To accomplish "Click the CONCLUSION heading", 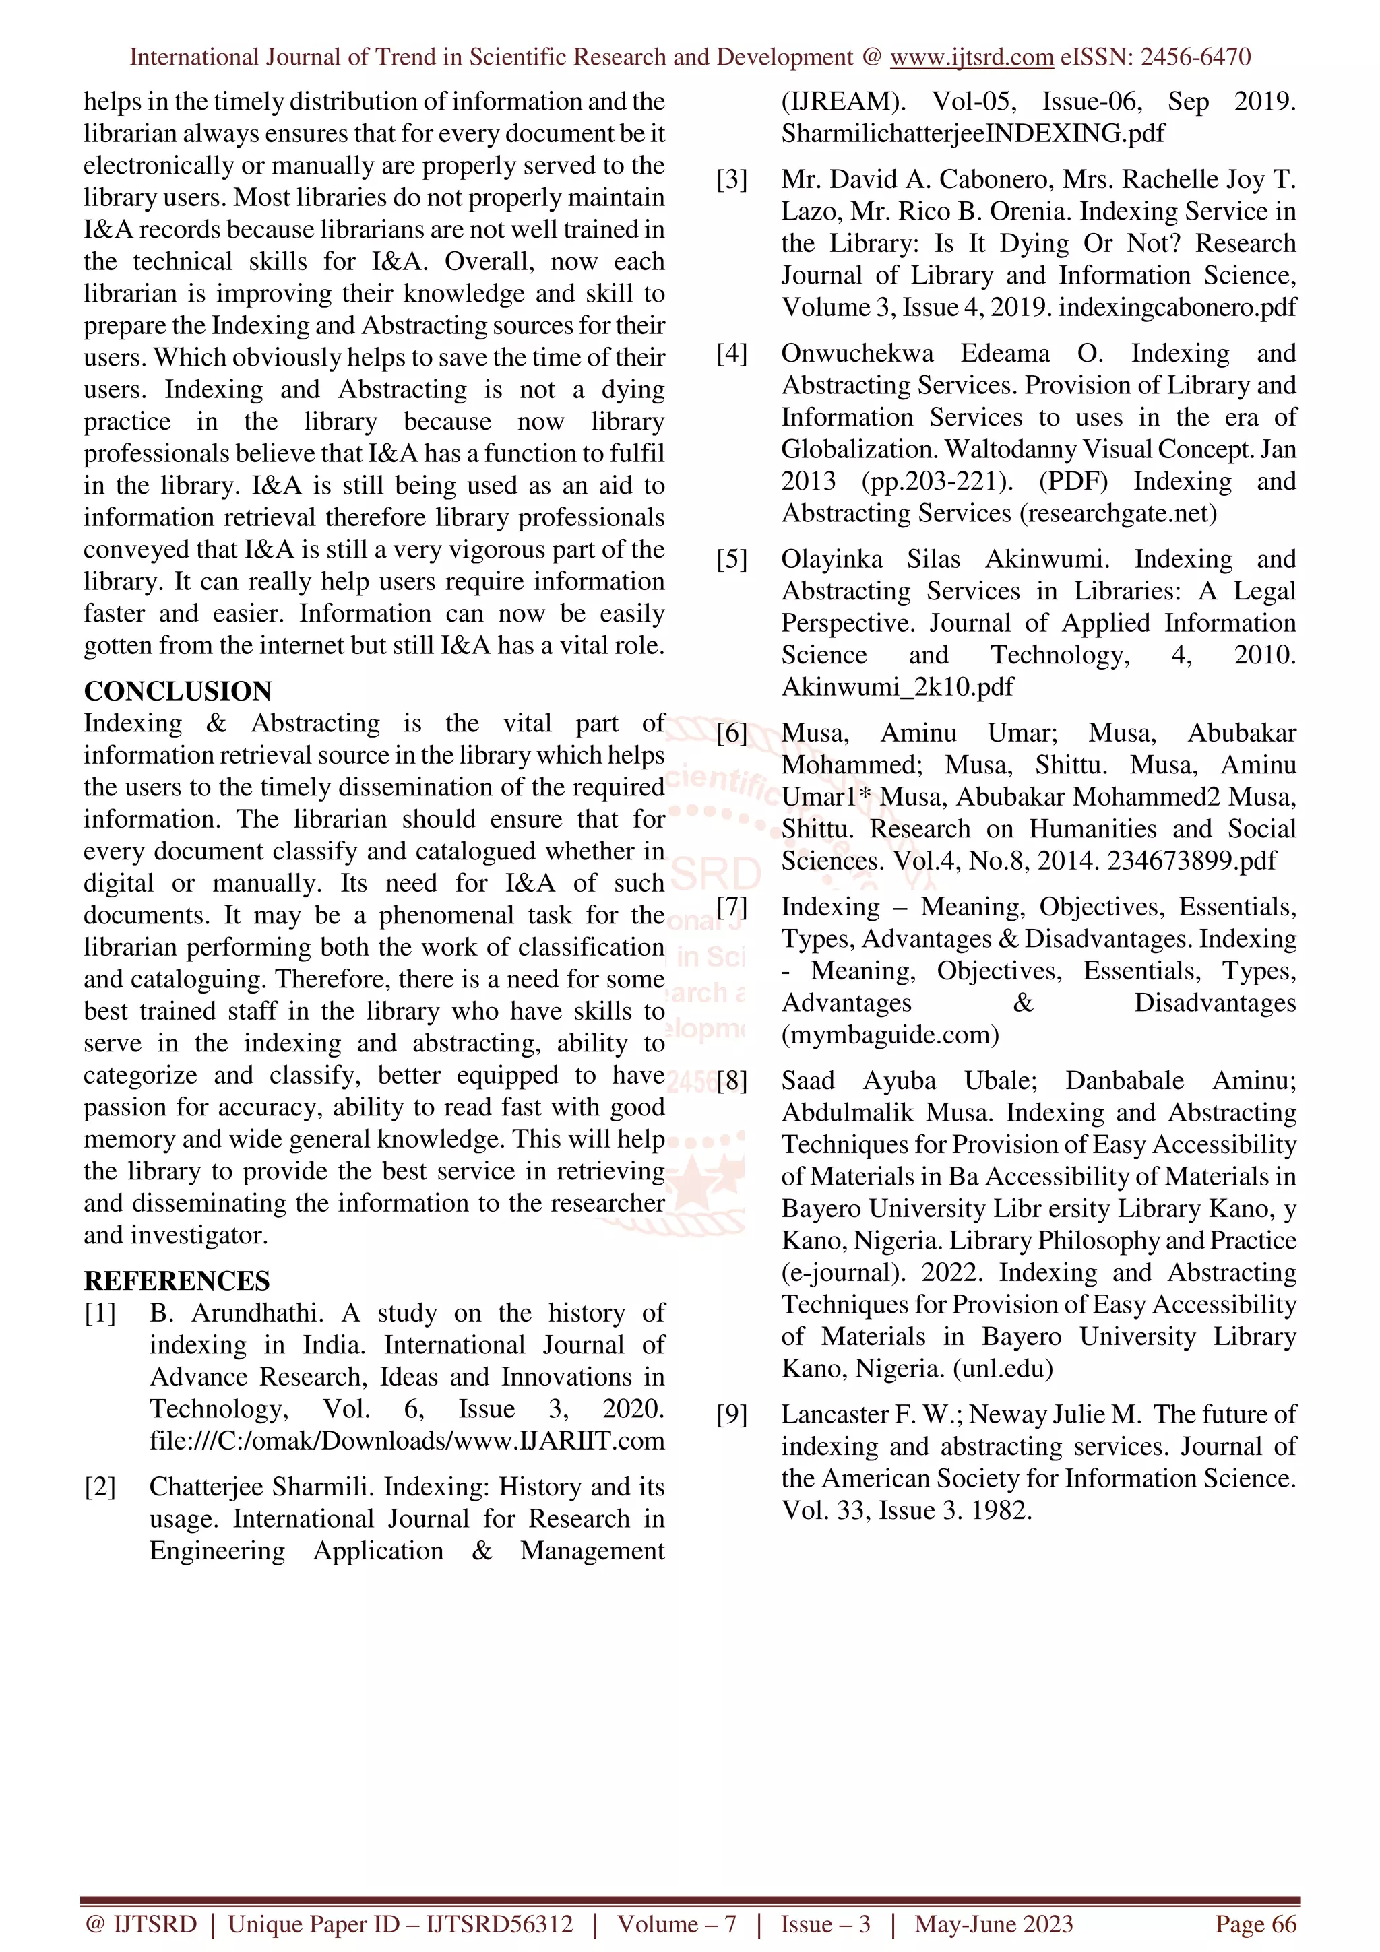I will pos(178,691).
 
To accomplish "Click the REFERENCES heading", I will pos(177,1280).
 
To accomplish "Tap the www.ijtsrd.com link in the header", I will pos(971,57).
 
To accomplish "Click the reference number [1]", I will pos(100,1313).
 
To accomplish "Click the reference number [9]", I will pos(732,1414).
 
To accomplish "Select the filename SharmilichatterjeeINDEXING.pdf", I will pos(973,133).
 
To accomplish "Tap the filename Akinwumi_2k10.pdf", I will pos(897,687).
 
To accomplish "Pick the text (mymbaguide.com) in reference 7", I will pos(889,1035).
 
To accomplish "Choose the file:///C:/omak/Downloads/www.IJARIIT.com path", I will pos(406,1440).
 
